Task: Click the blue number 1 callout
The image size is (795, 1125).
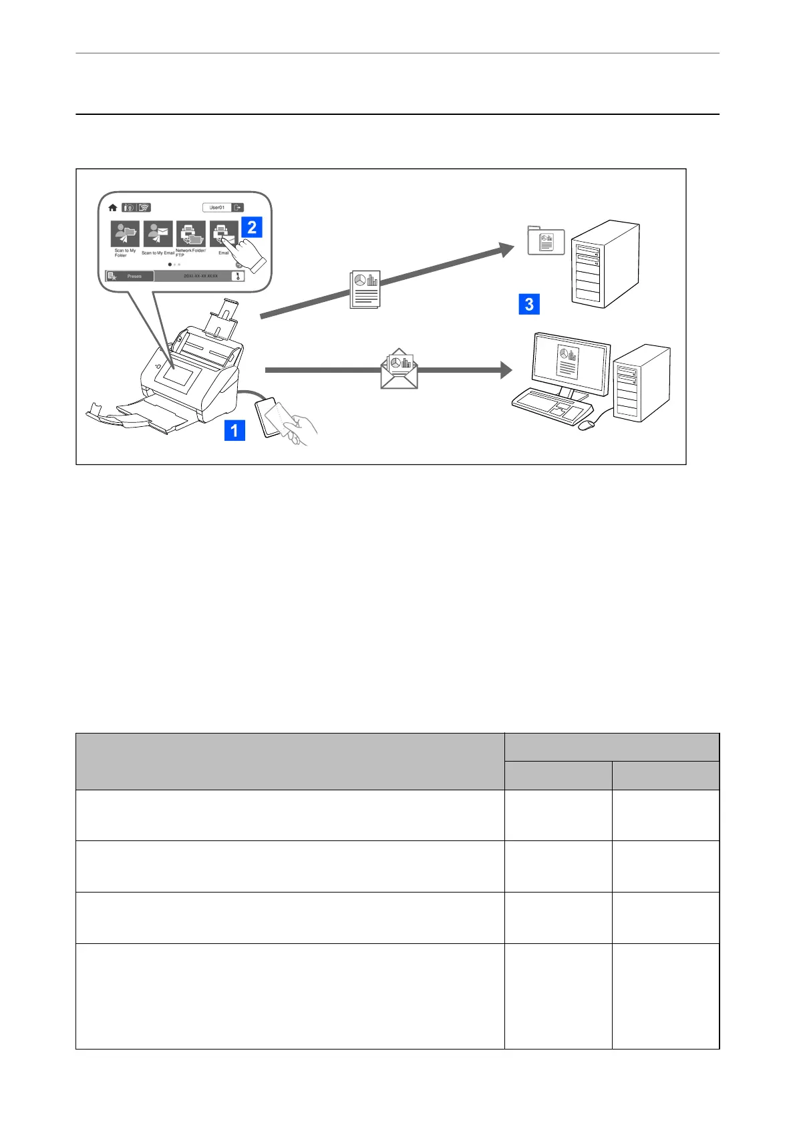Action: click(234, 430)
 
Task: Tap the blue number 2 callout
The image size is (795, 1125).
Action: click(252, 227)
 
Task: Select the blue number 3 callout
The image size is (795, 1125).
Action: click(528, 305)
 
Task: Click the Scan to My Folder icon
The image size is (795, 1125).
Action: click(125, 234)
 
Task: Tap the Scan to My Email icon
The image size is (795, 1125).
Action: click(158, 234)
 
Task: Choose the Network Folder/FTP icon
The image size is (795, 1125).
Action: click(191, 234)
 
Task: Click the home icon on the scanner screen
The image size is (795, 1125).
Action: click(113, 208)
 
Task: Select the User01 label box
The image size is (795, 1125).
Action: click(217, 208)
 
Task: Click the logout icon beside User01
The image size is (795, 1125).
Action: click(238, 208)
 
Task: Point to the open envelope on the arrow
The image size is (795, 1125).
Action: click(399, 369)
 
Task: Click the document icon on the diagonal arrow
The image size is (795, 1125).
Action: click(365, 289)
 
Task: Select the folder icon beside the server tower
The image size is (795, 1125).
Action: click(546, 240)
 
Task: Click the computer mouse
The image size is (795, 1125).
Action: click(586, 425)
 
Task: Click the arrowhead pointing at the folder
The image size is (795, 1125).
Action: click(506, 251)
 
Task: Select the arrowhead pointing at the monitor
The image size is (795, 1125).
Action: click(506, 369)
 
